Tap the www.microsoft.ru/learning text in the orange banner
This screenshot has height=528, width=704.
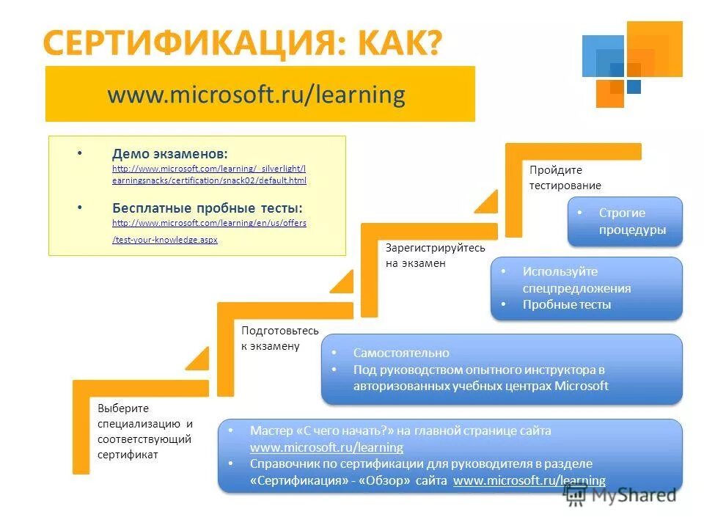(x=256, y=95)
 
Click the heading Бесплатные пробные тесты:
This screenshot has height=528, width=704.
(x=207, y=208)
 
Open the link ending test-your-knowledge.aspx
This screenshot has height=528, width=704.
(x=164, y=240)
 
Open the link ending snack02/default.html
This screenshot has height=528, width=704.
(x=209, y=180)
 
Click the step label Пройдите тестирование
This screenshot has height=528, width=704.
(x=565, y=177)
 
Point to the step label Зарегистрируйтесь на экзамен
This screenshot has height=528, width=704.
(x=435, y=255)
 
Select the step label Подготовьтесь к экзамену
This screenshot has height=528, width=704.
(x=280, y=338)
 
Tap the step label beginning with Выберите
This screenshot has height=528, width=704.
(x=144, y=431)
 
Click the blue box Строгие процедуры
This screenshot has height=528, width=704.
(x=626, y=221)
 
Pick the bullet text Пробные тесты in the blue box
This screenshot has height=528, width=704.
(x=566, y=304)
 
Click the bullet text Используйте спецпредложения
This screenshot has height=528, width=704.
(x=576, y=279)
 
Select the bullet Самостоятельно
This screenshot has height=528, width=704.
(x=401, y=353)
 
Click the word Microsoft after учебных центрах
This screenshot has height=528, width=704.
(x=582, y=386)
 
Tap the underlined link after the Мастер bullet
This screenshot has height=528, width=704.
(x=326, y=447)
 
